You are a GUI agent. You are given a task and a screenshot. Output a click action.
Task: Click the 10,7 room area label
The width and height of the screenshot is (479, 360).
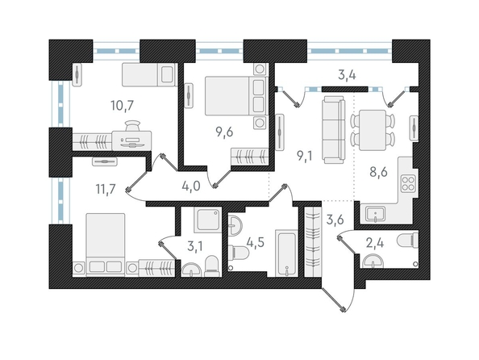click(123, 106)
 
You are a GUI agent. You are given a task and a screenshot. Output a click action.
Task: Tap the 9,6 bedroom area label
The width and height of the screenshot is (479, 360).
click(224, 132)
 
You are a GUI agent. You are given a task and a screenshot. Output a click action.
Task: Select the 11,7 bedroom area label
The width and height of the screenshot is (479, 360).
click(106, 190)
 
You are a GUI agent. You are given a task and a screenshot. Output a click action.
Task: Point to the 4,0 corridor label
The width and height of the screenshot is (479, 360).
click(190, 186)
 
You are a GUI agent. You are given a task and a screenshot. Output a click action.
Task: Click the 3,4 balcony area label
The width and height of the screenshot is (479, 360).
click(347, 74)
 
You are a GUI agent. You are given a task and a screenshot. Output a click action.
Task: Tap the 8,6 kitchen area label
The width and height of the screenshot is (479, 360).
click(378, 172)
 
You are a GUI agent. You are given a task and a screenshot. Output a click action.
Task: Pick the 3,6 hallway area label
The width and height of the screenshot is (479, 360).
click(335, 220)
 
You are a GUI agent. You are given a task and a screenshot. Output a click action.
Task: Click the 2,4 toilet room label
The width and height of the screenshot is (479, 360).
click(374, 244)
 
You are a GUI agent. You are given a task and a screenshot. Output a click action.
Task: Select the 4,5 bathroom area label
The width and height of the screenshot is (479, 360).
click(255, 244)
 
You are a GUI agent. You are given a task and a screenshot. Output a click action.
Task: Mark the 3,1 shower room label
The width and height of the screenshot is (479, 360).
click(194, 246)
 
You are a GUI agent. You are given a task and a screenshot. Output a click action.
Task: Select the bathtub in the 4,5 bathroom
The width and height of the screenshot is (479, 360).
click(286, 253)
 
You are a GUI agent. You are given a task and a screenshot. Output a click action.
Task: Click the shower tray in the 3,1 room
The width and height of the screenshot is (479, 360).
click(207, 220)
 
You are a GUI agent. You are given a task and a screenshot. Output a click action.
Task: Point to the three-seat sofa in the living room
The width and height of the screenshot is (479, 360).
click(333, 129)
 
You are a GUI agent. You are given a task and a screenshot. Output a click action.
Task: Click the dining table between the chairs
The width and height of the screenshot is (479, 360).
click(373, 130)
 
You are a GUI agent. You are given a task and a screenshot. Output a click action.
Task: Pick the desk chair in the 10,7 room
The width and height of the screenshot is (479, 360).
click(133, 125)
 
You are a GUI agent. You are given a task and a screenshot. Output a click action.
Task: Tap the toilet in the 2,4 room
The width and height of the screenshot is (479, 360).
click(407, 239)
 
